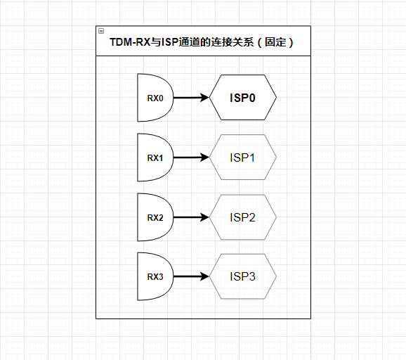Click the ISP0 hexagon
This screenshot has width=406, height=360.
point(242,98)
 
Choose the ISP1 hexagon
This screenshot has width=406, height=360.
point(242,157)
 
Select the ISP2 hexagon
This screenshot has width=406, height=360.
point(242,217)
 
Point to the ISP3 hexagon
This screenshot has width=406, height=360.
point(242,277)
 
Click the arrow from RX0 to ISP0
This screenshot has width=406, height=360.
point(188,98)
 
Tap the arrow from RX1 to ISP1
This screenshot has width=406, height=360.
point(188,157)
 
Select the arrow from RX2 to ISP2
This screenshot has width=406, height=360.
point(188,217)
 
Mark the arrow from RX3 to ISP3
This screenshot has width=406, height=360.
point(188,277)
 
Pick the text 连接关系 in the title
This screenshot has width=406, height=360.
point(232,43)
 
